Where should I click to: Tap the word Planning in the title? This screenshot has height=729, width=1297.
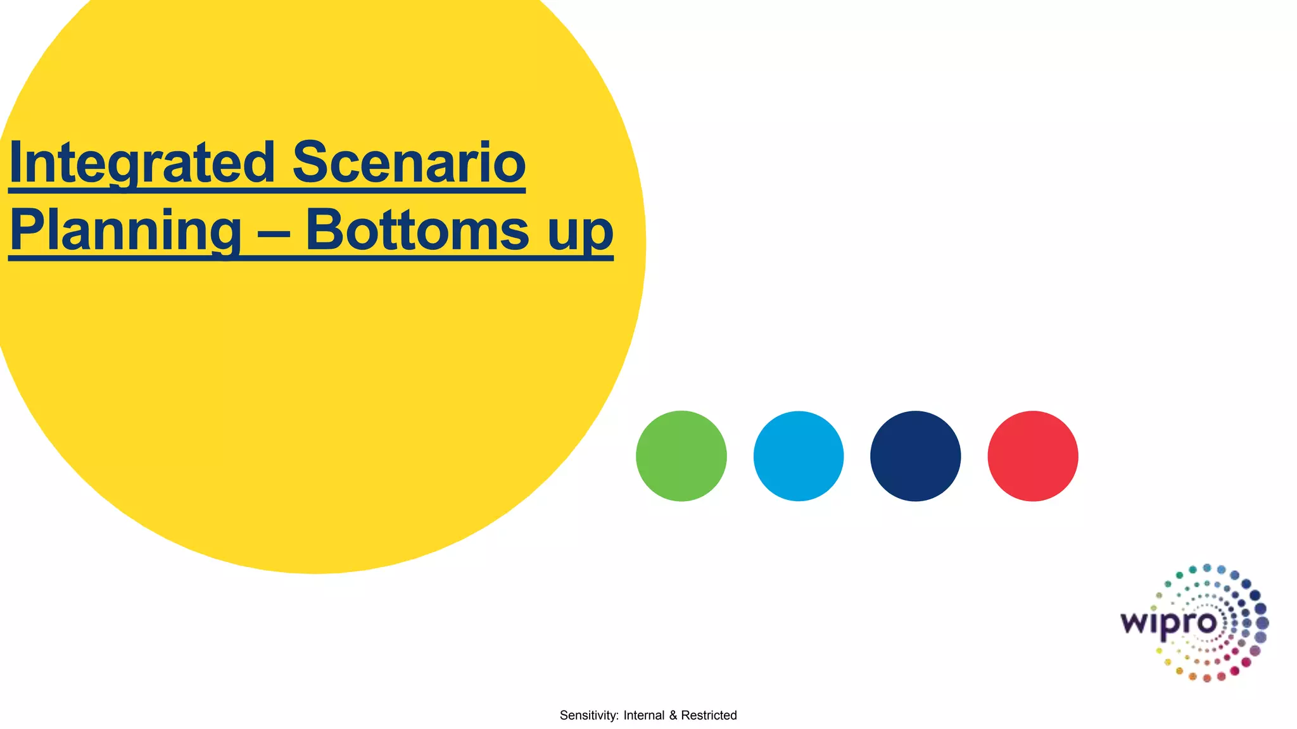coord(125,232)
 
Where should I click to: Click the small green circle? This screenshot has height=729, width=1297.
coord(681,456)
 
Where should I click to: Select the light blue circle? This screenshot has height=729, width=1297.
coord(799,456)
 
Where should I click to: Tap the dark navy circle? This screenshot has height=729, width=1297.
coord(916,456)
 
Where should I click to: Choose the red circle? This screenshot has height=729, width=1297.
coord(1033,456)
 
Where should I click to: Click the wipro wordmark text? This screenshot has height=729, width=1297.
coord(1168,623)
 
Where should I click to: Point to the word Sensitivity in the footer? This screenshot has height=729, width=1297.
coord(589,716)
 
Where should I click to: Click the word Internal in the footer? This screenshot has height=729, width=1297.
coord(644,716)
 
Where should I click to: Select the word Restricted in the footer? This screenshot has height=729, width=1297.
coord(709,716)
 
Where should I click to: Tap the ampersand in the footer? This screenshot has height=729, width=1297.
coord(673,716)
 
